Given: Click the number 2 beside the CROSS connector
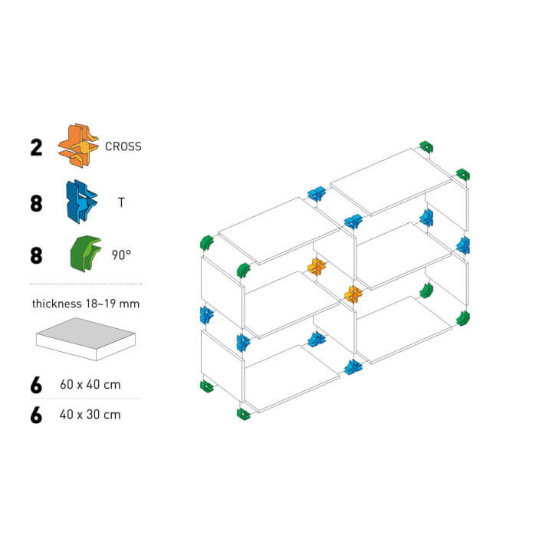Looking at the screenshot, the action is (36, 147).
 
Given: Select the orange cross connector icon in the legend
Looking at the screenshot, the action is (78, 146).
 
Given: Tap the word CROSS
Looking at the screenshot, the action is (123, 146).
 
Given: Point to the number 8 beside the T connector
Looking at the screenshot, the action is (36, 203).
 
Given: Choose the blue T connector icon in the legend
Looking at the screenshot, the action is (82, 202).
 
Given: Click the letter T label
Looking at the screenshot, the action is (121, 202).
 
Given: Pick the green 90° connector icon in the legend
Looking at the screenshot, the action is (86, 254).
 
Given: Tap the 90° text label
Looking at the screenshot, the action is (121, 255).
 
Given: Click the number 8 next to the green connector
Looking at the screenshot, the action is (36, 255).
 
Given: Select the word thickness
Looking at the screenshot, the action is (57, 304).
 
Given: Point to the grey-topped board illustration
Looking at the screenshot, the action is (86, 339).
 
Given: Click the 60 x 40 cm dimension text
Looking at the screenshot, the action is (90, 384).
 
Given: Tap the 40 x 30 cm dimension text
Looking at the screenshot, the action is (90, 414).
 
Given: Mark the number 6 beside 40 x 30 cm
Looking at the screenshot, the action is (36, 416).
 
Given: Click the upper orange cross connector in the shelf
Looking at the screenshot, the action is (317, 267).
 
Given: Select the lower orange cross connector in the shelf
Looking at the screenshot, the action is (353, 294).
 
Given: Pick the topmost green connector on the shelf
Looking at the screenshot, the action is (426, 146).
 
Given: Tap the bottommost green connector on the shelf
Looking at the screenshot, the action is (243, 414).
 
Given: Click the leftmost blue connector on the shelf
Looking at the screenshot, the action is (206, 315).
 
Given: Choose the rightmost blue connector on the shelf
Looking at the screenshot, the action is (463, 245).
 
